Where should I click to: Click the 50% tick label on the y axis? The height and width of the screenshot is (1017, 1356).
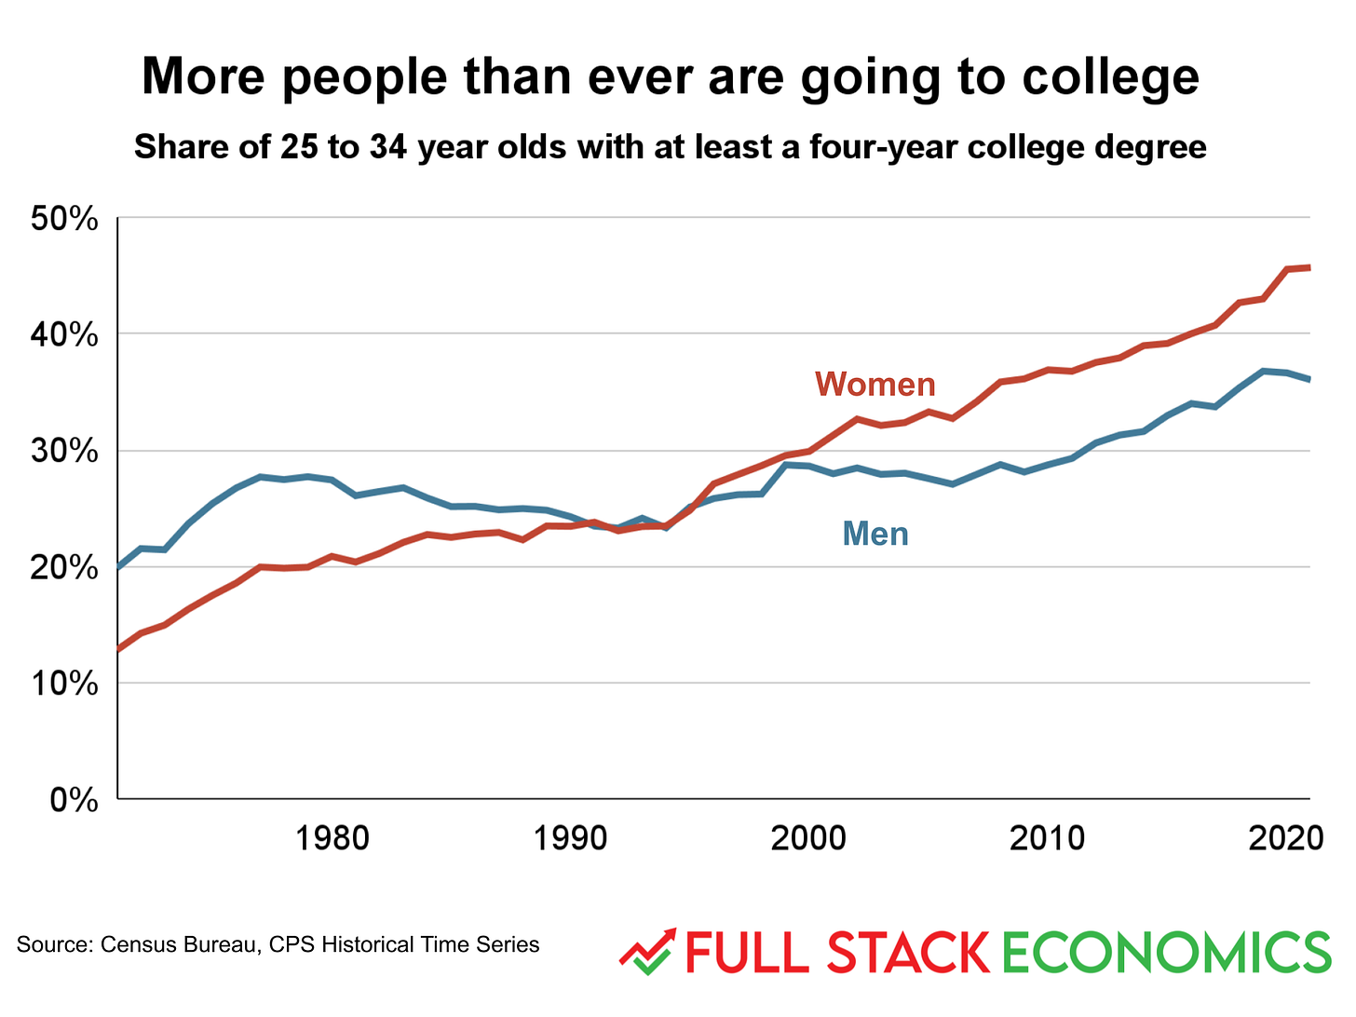click(x=64, y=220)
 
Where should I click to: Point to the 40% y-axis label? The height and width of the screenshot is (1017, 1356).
click(x=64, y=335)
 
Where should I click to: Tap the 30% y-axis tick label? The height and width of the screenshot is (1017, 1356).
click(x=64, y=452)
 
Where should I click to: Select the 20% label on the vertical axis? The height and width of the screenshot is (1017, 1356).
click(x=64, y=567)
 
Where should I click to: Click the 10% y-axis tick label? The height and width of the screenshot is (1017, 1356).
click(x=64, y=684)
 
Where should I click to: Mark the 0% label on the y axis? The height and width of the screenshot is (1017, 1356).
click(x=75, y=800)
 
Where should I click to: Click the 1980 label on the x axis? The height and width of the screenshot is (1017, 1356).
click(x=332, y=838)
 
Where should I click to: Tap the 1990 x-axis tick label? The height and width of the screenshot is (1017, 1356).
click(x=570, y=838)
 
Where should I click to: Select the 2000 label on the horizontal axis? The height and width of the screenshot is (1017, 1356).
click(x=808, y=838)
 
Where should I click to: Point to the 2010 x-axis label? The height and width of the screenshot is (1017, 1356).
click(x=1047, y=838)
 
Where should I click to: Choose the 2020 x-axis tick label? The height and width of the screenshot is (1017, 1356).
click(x=1285, y=838)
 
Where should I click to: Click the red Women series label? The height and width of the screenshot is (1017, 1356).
click(x=875, y=384)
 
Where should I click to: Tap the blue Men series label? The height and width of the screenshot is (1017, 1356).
click(x=875, y=534)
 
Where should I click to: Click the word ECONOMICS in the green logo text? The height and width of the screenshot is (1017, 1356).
click(x=1167, y=953)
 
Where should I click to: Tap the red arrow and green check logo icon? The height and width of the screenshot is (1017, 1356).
click(x=647, y=952)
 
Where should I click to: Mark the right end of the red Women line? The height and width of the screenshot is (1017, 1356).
click(x=1309, y=267)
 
